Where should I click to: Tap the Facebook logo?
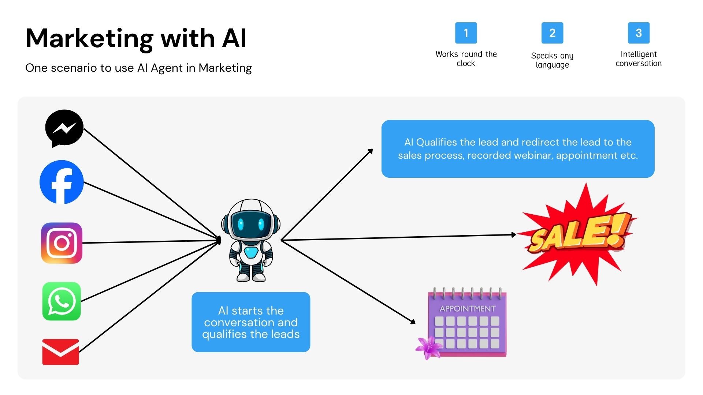coord(62,182)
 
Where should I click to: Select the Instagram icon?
coord(62,243)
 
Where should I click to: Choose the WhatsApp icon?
coord(62,301)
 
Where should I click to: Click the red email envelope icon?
coord(61,352)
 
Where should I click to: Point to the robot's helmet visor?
coord(251,224)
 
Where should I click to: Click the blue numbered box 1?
coord(466,33)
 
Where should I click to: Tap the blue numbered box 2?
coord(552,33)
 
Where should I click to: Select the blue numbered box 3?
coord(639,33)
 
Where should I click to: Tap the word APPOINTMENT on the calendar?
coord(468,309)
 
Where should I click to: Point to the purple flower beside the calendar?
coord(428,347)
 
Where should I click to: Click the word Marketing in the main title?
coord(89,39)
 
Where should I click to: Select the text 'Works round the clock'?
coord(466,59)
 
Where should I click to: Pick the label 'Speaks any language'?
coord(552,60)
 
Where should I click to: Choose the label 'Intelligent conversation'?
coord(639,59)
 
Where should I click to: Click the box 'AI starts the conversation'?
coord(251,322)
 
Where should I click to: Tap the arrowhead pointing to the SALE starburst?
coord(514,235)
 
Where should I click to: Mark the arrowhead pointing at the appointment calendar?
coord(413,322)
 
